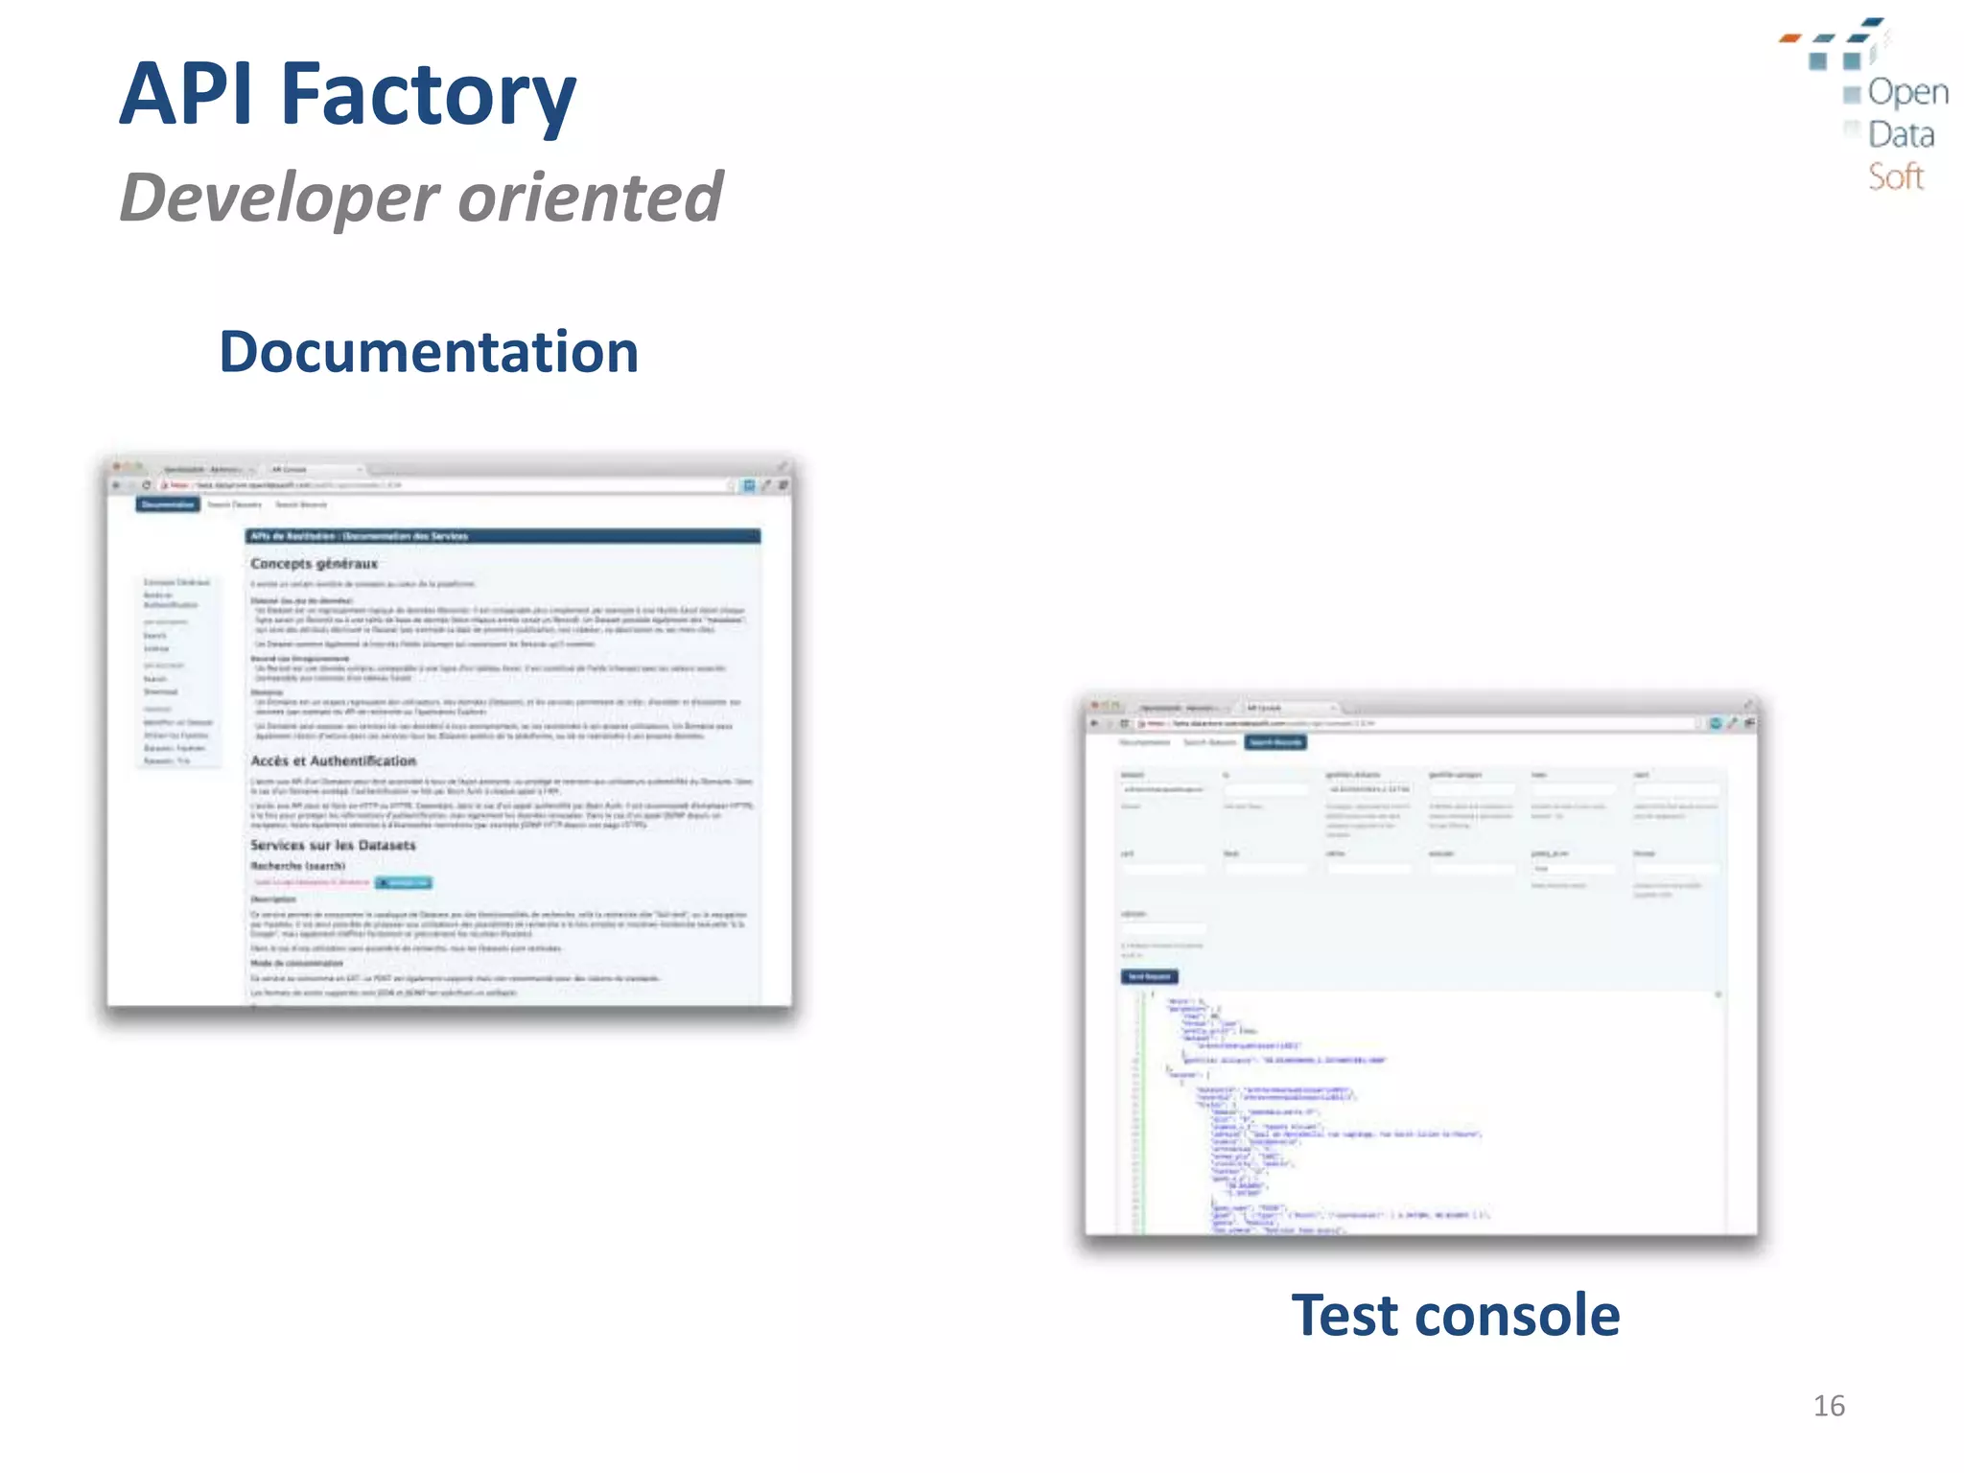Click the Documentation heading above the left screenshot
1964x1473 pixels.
tap(429, 352)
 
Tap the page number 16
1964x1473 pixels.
tap(1829, 1406)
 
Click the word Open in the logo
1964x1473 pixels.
tap(1907, 92)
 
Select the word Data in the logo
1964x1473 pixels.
tap(1901, 134)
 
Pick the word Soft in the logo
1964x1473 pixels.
tap(1895, 177)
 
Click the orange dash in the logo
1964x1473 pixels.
tap(1789, 38)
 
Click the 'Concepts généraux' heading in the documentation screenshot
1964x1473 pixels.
tap(314, 564)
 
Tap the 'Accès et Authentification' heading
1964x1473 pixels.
tap(333, 760)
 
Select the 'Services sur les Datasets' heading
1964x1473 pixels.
tap(333, 845)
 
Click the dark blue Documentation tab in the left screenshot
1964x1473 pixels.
tap(168, 504)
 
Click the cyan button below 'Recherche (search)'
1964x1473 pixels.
tap(404, 882)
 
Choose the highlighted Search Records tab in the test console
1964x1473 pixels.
tap(1275, 742)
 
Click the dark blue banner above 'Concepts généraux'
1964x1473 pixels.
tap(503, 536)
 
